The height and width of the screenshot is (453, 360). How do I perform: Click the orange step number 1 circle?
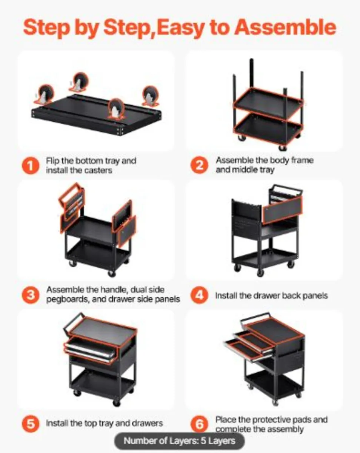31,166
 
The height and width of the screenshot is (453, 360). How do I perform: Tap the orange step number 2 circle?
199,165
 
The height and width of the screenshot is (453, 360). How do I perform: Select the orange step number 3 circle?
31,295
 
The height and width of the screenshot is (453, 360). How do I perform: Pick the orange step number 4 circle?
199,295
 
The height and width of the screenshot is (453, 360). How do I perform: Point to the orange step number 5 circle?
31,424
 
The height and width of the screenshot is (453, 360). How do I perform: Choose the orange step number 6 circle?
199,424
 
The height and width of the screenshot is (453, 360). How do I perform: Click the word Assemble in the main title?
285,27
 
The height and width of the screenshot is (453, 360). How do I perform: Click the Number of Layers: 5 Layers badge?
180,441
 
